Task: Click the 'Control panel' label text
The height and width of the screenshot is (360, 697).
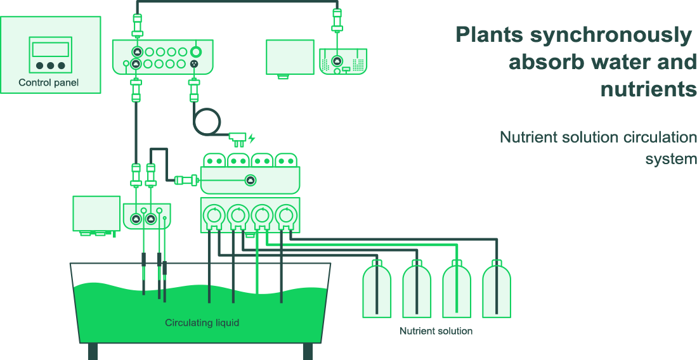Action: tap(49, 83)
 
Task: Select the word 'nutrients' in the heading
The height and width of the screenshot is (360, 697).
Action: tap(648, 89)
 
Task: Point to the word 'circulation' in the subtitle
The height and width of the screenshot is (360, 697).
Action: tap(660, 137)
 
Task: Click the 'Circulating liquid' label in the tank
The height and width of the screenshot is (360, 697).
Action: tap(202, 323)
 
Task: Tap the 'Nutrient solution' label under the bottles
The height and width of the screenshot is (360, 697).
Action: tap(436, 331)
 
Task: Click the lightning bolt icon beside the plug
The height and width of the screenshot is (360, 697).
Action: tap(252, 138)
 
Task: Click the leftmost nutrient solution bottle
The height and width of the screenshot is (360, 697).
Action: tap(377, 292)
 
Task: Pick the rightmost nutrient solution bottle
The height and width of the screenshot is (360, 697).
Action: tap(497, 292)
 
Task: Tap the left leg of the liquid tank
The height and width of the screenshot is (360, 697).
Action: tap(93, 351)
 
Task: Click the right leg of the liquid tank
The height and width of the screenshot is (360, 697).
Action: tap(308, 351)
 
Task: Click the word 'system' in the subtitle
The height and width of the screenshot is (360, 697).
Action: tap(671, 158)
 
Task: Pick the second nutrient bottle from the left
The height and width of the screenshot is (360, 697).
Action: tap(417, 292)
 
